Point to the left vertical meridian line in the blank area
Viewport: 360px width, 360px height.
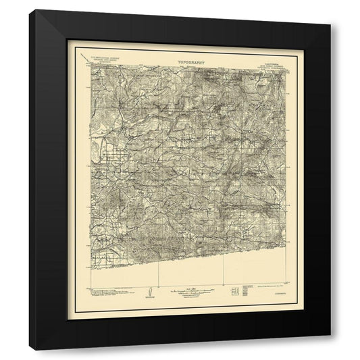pyautogui.click(x=157, y=274)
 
